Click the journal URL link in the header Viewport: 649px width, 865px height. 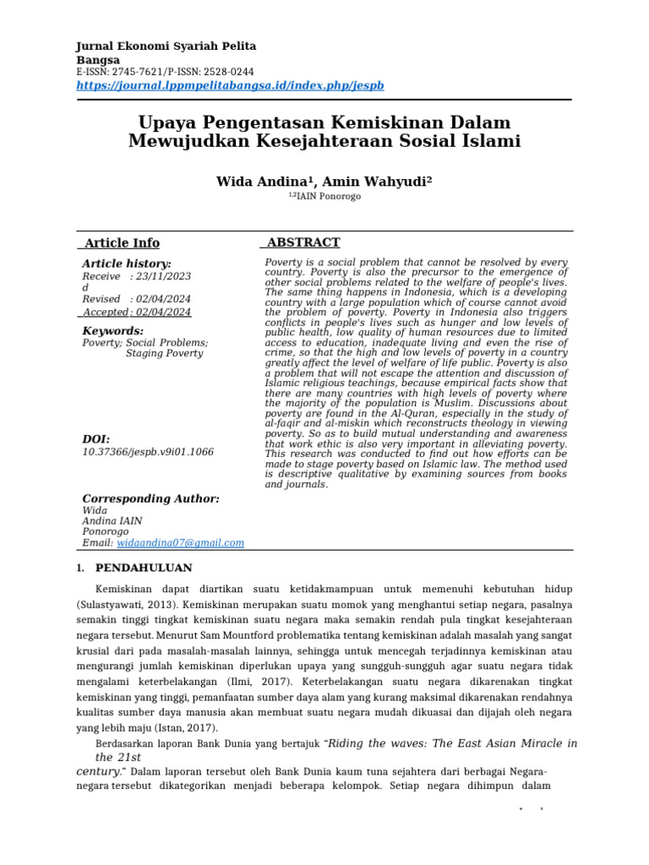click(231, 85)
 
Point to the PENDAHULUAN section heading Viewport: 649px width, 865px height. click(144, 568)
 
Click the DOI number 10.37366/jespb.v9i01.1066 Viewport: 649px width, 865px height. click(148, 452)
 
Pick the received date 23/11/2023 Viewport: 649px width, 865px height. click(164, 276)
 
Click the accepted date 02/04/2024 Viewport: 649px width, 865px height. click(164, 312)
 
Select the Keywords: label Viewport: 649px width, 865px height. click(112, 331)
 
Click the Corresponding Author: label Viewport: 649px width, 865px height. click(150, 499)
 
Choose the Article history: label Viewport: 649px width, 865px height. click(126, 264)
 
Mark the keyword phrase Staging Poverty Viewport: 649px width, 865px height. click(164, 353)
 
